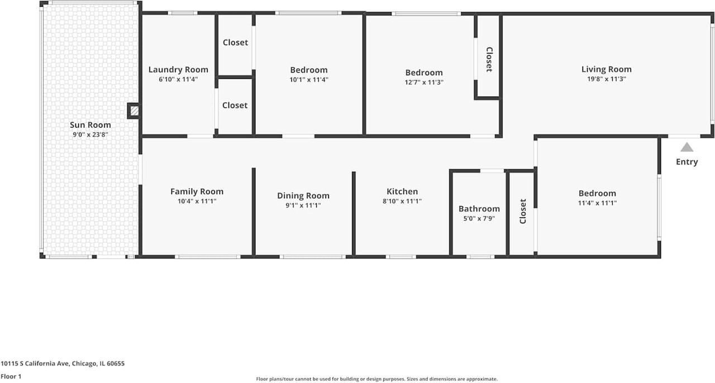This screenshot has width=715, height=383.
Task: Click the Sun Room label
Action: (x=90, y=125)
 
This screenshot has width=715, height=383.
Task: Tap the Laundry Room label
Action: (x=178, y=70)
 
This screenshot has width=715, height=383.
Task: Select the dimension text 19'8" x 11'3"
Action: (x=606, y=79)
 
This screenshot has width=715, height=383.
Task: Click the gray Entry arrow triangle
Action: (x=687, y=147)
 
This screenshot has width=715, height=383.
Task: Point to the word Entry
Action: (x=687, y=162)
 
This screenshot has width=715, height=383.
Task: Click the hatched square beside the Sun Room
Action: (x=134, y=111)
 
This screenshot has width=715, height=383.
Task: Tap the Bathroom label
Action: (x=479, y=209)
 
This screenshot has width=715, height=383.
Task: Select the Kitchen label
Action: (x=402, y=191)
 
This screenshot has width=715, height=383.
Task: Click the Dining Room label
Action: (x=303, y=195)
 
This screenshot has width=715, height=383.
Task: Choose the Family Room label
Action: (x=197, y=191)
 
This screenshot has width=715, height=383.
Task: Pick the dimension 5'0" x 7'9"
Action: (x=479, y=218)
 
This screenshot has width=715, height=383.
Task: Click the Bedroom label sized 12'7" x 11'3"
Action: (x=423, y=73)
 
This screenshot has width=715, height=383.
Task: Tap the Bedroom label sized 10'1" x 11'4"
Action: (x=308, y=70)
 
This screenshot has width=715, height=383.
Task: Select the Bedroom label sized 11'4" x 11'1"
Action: (x=597, y=193)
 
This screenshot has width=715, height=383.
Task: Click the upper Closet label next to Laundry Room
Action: (x=235, y=42)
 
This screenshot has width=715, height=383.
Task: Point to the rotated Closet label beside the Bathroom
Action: (x=523, y=211)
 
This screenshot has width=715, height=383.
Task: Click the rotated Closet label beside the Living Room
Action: (x=489, y=59)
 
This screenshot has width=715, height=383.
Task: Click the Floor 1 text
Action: (x=11, y=377)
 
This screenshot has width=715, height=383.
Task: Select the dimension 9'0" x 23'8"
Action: (x=90, y=135)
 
